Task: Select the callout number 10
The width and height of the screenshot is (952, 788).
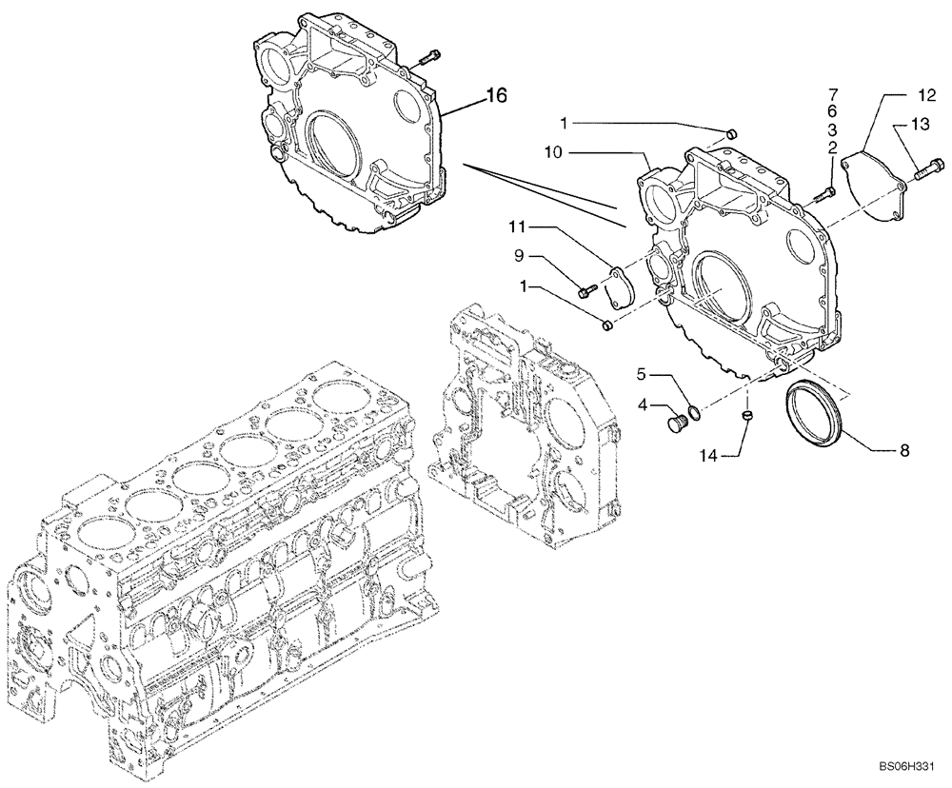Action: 555,152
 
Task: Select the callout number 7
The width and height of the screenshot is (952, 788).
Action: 833,94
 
